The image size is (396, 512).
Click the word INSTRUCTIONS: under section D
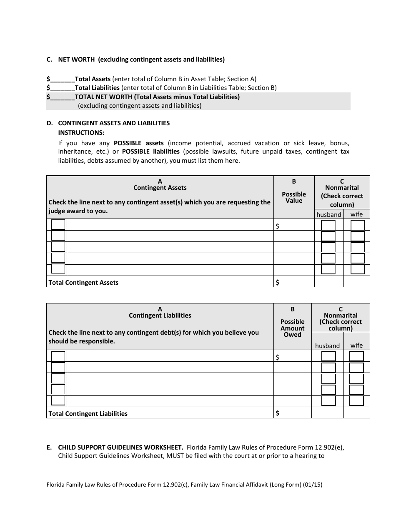pyautogui.click(x=81, y=133)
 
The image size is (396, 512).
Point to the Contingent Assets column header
pyautogui.click(x=160, y=188)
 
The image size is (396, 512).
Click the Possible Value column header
pyautogui.click(x=294, y=197)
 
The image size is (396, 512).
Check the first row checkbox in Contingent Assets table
pyautogui.click(x=58, y=225)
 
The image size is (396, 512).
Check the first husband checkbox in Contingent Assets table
pyautogui.click(x=328, y=226)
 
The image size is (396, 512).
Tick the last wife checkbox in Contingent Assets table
pyautogui.click(x=358, y=269)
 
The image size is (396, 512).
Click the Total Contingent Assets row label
pyautogui.click(x=83, y=283)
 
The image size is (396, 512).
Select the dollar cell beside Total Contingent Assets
pyautogui.click(x=294, y=282)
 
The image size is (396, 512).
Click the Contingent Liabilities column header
pyautogui.click(x=160, y=316)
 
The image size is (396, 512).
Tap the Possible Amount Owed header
pyautogui.click(x=292, y=328)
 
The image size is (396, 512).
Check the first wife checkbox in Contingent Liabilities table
pyautogui.click(x=356, y=356)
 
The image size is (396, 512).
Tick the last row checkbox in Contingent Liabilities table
pyautogui.click(x=58, y=401)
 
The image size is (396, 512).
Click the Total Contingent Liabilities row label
pyautogui.click(x=88, y=414)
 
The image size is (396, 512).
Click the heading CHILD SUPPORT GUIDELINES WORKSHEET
pyautogui.click(x=120, y=448)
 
